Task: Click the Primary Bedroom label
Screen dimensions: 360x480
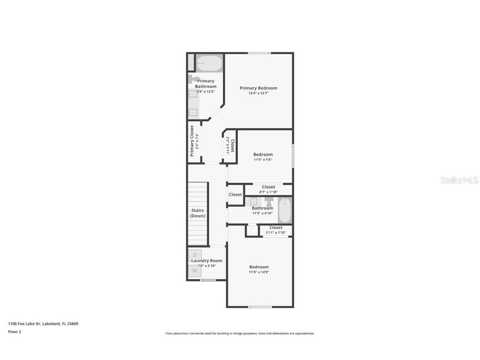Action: pyautogui.click(x=258, y=88)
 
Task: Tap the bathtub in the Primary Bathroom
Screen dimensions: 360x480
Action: pyautogui.click(x=209, y=63)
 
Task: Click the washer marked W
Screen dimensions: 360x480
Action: pyautogui.click(x=195, y=270)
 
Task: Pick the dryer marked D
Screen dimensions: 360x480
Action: pyautogui.click(x=195, y=255)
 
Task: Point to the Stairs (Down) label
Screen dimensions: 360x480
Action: pyautogui.click(x=197, y=213)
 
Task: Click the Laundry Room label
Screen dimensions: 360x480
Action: pyautogui.click(x=207, y=261)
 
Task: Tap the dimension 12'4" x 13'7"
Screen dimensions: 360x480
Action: pyautogui.click(x=258, y=93)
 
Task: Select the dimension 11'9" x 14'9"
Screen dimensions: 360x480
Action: pyautogui.click(x=259, y=272)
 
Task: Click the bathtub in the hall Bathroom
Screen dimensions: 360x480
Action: pyautogui.click(x=285, y=210)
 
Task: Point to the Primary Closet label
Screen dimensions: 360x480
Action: pyautogui.click(x=192, y=140)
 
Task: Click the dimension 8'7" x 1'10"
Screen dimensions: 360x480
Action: pyautogui.click(x=268, y=192)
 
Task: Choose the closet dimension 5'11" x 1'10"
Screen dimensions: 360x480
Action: pyautogui.click(x=276, y=232)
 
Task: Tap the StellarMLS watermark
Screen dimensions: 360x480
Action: pyautogui.click(x=460, y=180)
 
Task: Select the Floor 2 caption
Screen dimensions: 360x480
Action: pyautogui.click(x=14, y=332)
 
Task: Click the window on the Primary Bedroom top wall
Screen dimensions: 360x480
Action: pyautogui.click(x=259, y=53)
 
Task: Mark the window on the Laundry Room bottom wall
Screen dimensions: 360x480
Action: pyautogui.click(x=207, y=280)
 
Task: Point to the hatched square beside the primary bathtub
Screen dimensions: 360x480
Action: pyautogui.click(x=191, y=63)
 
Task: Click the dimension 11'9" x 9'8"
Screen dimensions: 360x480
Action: pyautogui.click(x=263, y=160)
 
